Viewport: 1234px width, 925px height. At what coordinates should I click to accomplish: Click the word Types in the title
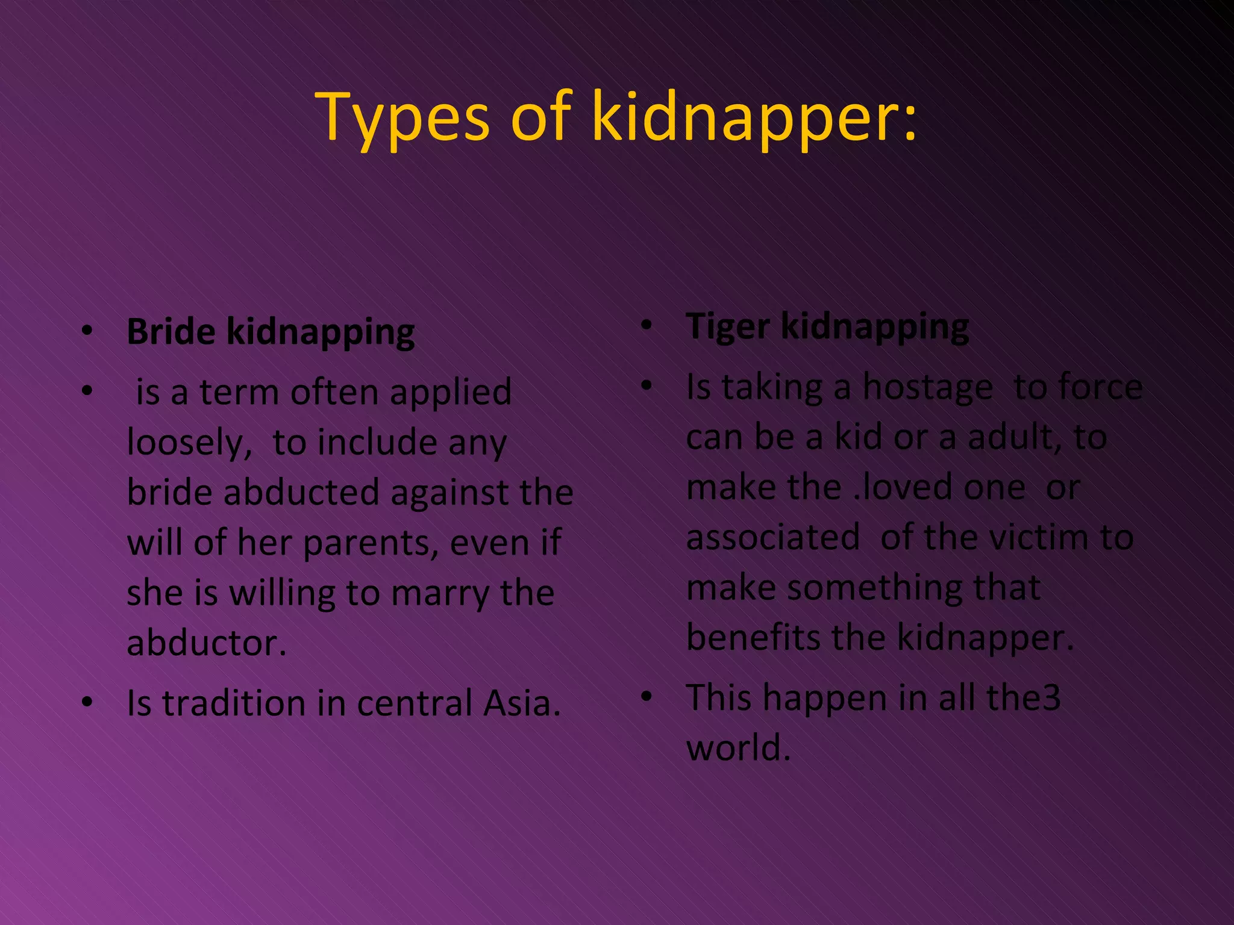point(403,117)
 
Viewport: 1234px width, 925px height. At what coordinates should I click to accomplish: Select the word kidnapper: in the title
point(754,117)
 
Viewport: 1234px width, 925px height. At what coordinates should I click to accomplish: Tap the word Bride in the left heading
point(171,332)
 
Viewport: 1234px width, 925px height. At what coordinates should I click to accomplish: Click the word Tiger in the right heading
point(728,327)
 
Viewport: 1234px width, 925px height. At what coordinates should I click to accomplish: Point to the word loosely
point(189,443)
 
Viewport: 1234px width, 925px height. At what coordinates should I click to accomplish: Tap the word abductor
point(206,643)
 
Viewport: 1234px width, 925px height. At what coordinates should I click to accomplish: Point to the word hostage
point(927,387)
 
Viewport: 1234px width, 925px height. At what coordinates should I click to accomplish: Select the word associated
point(773,537)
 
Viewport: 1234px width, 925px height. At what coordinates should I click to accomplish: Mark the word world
point(738,748)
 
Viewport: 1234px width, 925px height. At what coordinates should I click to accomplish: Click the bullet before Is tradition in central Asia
point(88,702)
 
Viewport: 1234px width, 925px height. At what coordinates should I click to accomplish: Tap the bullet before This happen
point(647,697)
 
